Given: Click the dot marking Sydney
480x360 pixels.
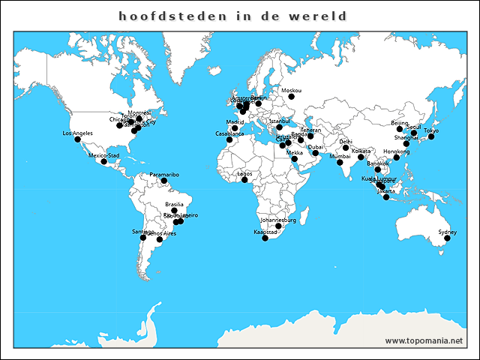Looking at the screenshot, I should (x=445, y=238).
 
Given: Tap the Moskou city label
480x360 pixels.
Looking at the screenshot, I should (x=291, y=90).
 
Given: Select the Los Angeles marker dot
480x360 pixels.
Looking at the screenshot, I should (x=77, y=139).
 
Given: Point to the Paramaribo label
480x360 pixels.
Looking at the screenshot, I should (x=164, y=174).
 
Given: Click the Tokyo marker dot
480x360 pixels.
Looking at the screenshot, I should (x=431, y=136).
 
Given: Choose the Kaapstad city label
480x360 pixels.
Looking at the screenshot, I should (x=265, y=232).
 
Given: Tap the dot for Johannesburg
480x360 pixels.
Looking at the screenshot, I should (x=278, y=226).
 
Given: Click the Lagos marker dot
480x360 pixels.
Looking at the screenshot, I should (x=244, y=179).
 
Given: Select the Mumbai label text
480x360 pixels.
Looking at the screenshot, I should (x=340, y=156).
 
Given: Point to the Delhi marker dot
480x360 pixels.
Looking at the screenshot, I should (x=346, y=148).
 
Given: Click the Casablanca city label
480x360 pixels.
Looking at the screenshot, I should (x=229, y=133).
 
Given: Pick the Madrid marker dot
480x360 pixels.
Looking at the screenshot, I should (x=235, y=128).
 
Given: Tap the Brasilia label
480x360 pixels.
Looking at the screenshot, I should (x=174, y=204).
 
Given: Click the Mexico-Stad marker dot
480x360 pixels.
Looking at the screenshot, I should (x=104, y=161).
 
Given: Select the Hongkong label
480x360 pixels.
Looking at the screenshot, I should (x=396, y=151).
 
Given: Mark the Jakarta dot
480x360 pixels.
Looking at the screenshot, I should (x=386, y=197).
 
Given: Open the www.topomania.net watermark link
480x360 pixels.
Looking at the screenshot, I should (x=424, y=340).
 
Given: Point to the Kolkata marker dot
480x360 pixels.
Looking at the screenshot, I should (x=361, y=157).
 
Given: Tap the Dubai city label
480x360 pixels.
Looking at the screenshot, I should (x=315, y=147).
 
